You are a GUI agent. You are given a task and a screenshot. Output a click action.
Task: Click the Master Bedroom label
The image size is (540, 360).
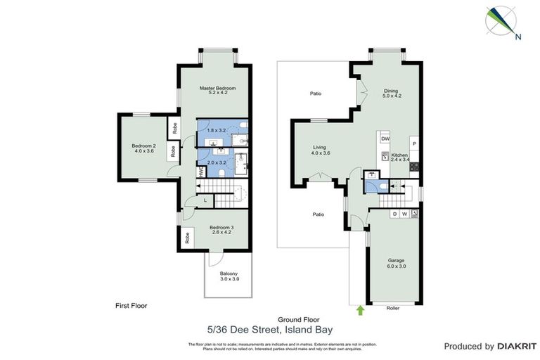tap(217, 89)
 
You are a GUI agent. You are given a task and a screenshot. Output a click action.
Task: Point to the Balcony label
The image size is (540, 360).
tap(229, 274)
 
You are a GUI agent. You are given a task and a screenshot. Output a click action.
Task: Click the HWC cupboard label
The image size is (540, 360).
tap(201, 170)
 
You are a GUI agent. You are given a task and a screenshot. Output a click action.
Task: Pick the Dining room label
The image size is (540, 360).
tap(391, 90)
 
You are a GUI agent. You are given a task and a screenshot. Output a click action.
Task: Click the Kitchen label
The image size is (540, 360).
tap(399, 155)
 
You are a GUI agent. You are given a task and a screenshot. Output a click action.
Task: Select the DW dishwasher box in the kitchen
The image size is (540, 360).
tap(385, 139)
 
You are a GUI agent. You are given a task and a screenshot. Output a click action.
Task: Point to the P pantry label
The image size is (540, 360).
tap(414, 144)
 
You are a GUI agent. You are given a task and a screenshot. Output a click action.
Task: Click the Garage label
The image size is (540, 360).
tap(396, 260)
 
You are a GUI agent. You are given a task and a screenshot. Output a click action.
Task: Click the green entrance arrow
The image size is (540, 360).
tap(361, 309)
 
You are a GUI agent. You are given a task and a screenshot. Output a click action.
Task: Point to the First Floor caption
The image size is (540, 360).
tap(131, 306)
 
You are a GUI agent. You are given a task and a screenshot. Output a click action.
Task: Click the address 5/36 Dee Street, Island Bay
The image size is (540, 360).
tap(270, 328)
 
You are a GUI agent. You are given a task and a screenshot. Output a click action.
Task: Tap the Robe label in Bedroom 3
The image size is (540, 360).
tap(188, 238)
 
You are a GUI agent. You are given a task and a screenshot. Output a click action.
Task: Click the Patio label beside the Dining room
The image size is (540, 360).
tap(316, 93)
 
